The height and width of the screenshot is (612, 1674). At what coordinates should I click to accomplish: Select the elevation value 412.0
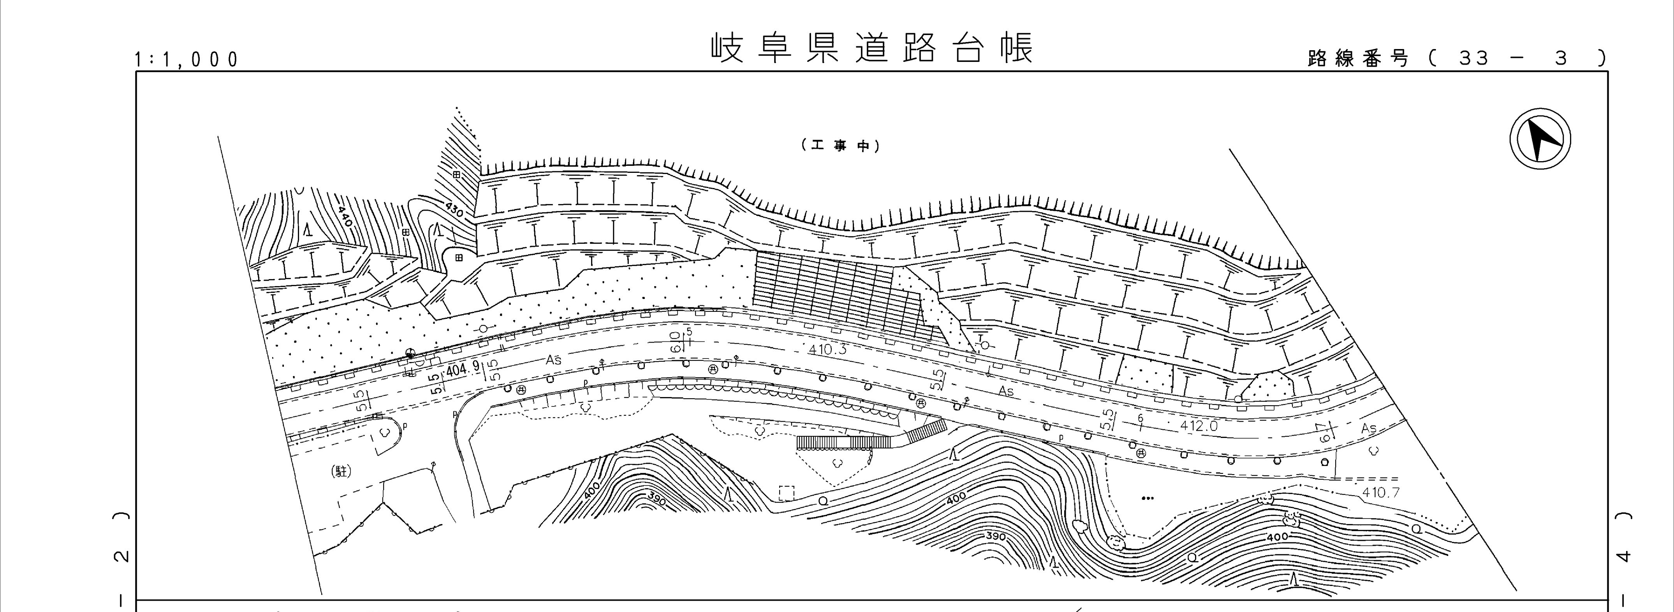pyautogui.click(x=1198, y=426)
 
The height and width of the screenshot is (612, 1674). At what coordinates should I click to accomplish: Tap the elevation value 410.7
pyautogui.click(x=1380, y=492)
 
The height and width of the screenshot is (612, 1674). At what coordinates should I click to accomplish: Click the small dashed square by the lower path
pyautogui.click(x=786, y=494)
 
